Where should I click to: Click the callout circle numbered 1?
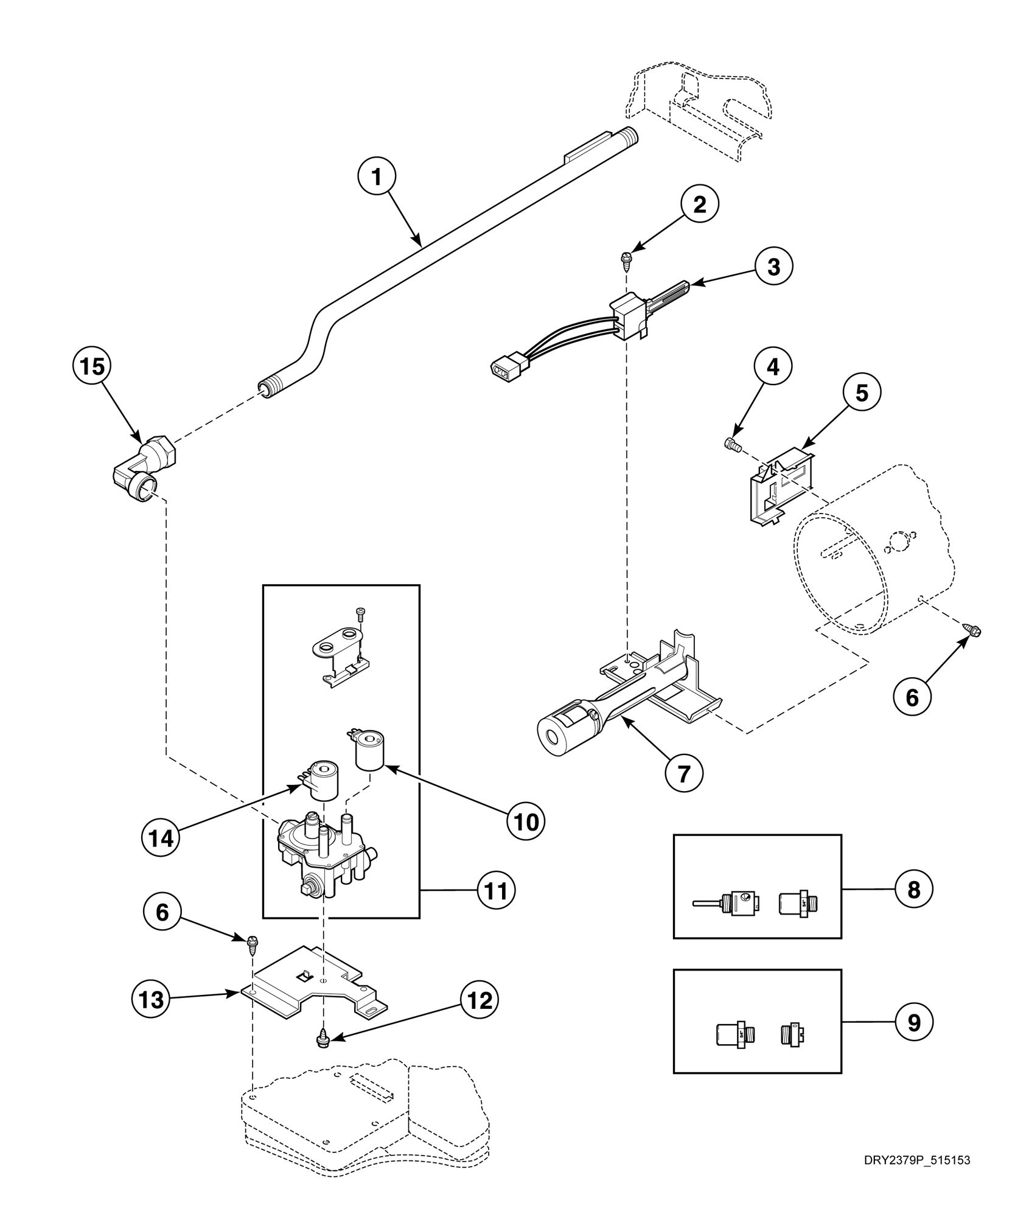coord(376,177)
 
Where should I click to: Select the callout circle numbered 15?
coord(91,368)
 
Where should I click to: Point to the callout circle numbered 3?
coord(774,266)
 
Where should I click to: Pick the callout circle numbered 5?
coord(862,393)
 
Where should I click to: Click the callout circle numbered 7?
coord(683,773)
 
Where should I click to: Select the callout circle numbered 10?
coord(526,821)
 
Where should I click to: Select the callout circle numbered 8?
coord(913,890)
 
